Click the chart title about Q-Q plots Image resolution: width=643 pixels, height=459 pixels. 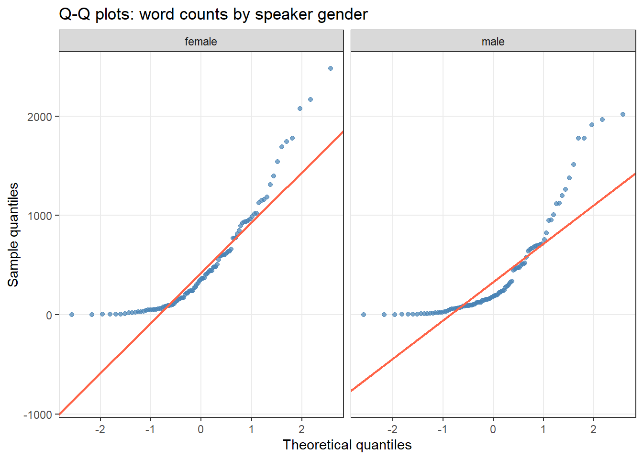point(213,14)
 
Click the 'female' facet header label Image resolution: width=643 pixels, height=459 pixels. point(201,42)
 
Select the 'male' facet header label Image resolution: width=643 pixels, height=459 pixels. point(493,42)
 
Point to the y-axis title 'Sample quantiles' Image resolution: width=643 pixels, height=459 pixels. point(13,234)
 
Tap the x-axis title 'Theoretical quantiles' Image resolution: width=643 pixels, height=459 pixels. point(347,445)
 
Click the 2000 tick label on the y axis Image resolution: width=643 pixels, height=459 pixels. point(40,117)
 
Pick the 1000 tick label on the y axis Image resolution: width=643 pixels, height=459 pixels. point(40,216)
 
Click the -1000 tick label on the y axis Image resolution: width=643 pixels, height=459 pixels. point(38,415)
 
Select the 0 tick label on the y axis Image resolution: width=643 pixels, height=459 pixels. point(49,315)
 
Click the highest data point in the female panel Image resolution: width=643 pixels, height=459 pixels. point(331,68)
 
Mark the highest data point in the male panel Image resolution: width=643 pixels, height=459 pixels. point(623,114)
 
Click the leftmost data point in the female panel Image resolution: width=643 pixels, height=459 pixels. point(72,315)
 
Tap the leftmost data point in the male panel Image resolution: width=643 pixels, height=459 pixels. point(364,315)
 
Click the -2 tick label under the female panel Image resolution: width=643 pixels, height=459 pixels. point(100,429)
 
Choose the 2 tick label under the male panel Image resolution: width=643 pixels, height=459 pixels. point(593,429)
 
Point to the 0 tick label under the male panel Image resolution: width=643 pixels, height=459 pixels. point(493,429)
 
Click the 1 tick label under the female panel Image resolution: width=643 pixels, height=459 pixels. point(251,429)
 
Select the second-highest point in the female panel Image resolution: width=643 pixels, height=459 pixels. point(310,99)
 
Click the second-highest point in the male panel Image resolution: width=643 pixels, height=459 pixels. point(602,120)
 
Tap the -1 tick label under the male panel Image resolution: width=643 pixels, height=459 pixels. point(442,429)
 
